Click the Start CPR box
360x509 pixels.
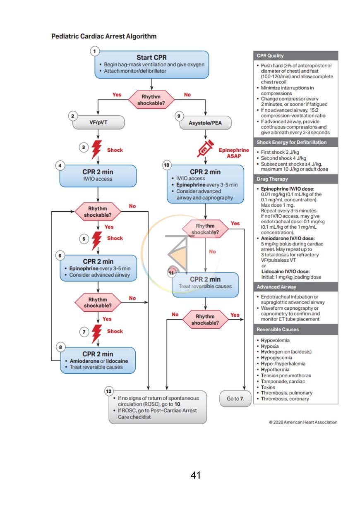tap(152, 65)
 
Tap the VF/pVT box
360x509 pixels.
tap(98, 122)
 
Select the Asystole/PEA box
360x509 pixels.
tap(205, 123)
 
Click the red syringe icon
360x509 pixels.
tap(205, 148)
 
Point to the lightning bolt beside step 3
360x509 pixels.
tap(96, 149)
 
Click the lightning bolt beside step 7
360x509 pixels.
tap(97, 334)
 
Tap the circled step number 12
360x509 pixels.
tap(109, 391)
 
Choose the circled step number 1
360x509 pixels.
tap(95, 51)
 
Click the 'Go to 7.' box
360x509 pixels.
tap(235, 399)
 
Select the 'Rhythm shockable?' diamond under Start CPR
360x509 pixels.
tap(151, 100)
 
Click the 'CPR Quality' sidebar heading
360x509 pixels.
tap(295, 56)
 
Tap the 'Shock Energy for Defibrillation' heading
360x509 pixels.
tap(295, 142)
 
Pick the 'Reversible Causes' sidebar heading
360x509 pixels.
tap(295, 329)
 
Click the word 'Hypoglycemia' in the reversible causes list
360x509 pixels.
tap(276, 358)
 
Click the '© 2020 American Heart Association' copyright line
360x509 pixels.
tap(303, 422)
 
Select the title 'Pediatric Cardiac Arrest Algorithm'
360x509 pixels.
tap(104, 36)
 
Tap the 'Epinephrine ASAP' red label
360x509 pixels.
tap(234, 153)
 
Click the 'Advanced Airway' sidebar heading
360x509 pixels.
tap(295, 287)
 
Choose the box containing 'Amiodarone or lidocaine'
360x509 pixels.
tap(98, 360)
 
